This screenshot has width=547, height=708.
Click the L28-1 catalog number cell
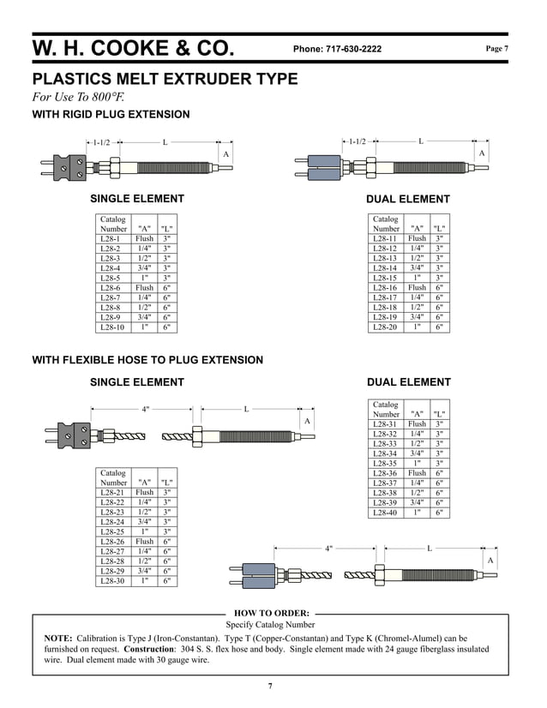click(x=111, y=238)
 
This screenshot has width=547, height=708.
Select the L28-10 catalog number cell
click(x=112, y=327)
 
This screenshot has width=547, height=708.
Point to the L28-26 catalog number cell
click(x=112, y=542)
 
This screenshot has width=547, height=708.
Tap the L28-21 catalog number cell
click(x=112, y=493)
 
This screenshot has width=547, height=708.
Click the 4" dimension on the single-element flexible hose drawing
click(x=146, y=410)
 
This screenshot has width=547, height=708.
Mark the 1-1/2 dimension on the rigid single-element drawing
click(x=100, y=142)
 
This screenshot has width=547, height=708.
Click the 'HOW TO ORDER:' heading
click(x=271, y=613)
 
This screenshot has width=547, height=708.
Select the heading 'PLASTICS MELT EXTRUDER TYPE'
click(x=165, y=80)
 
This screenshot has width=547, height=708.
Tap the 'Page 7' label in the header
click(x=497, y=49)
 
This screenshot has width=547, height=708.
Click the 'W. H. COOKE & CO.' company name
click(x=133, y=48)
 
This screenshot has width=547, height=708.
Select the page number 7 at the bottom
click(x=270, y=686)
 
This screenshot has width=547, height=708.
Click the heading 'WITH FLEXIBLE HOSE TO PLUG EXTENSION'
click(x=147, y=360)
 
